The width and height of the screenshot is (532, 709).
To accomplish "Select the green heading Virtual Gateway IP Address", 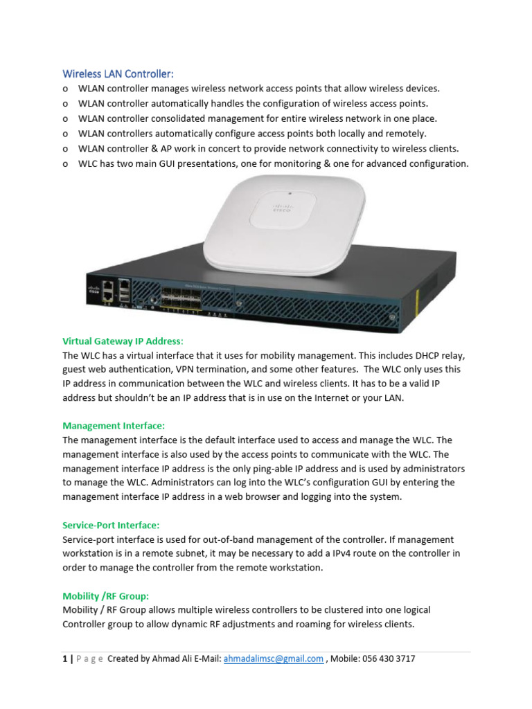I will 123,341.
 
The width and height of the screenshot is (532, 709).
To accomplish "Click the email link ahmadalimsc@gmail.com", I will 273,659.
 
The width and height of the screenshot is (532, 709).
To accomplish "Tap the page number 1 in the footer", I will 64,659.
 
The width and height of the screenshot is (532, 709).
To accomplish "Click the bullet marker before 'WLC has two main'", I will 65,164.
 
